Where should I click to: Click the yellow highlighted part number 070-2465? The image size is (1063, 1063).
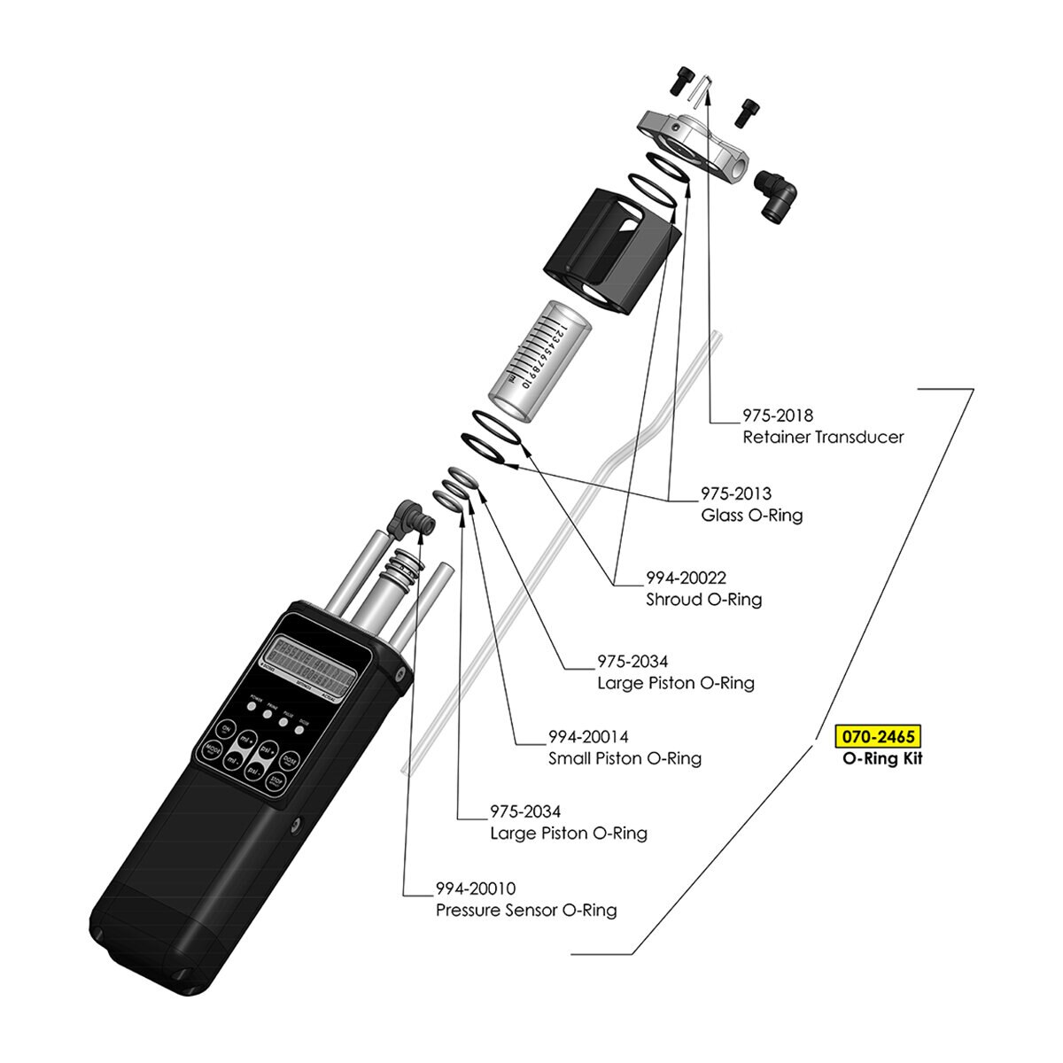[878, 736]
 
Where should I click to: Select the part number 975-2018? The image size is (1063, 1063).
[777, 415]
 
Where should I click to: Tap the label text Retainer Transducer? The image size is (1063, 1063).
[823, 437]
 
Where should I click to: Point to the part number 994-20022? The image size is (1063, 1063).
[686, 578]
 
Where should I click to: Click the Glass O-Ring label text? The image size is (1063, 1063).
[751, 515]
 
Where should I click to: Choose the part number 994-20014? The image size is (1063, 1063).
[588, 737]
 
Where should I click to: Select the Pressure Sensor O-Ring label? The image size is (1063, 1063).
[526, 910]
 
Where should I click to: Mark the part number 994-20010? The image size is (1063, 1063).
[475, 888]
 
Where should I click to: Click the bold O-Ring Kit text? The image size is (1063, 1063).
[881, 758]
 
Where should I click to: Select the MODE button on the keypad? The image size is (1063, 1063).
[213, 751]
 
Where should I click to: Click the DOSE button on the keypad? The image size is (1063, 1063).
[289, 760]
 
